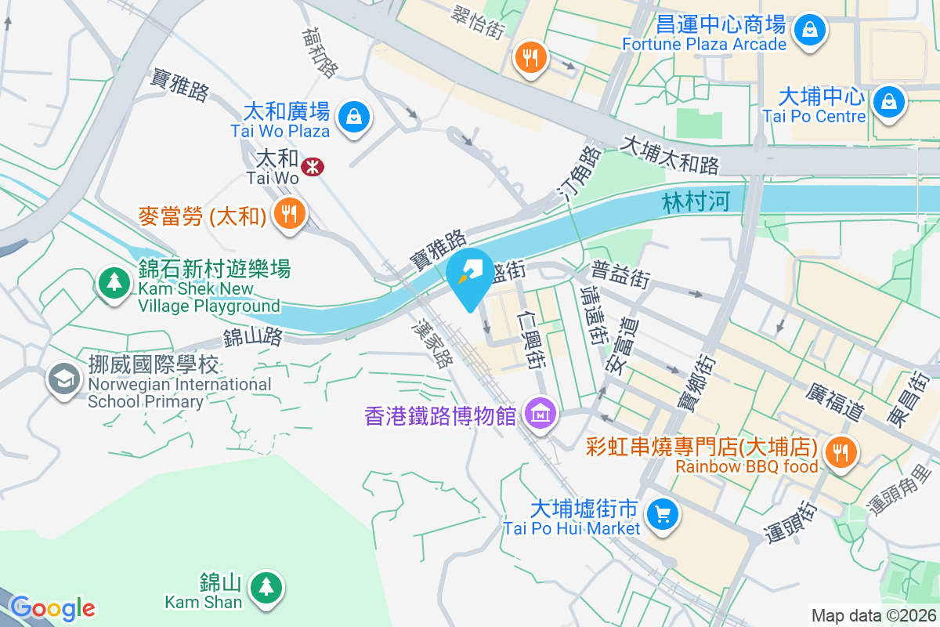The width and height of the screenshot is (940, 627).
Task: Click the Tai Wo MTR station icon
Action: point(313,166)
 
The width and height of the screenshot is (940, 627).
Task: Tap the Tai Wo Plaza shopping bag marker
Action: point(354,118)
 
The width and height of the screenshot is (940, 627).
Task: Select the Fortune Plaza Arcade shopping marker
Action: point(807,31)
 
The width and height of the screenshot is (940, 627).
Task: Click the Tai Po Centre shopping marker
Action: point(889,102)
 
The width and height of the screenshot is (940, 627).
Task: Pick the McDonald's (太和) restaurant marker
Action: point(289,212)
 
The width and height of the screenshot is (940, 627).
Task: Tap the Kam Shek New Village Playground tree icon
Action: point(115,281)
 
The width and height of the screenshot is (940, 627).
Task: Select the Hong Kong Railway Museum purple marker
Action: point(540,411)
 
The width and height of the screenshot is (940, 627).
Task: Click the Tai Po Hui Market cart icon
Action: point(663,514)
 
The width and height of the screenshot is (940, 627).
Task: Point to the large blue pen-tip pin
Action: point(470,274)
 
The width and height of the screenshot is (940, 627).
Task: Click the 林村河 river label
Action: point(696,202)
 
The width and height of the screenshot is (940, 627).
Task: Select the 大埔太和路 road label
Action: point(670,155)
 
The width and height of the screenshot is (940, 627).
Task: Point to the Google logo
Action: point(53,608)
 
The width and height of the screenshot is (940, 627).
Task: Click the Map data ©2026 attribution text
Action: point(873,615)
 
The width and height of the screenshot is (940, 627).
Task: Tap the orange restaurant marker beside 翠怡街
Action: point(531,56)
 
